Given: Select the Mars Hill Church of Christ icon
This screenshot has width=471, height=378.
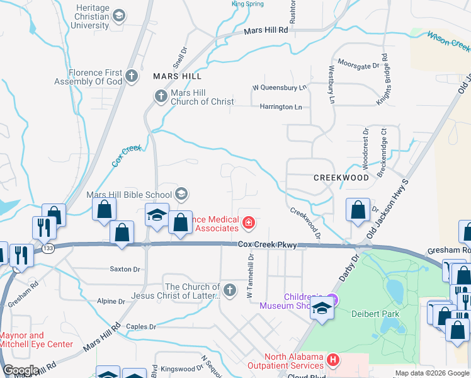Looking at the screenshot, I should click(159, 96).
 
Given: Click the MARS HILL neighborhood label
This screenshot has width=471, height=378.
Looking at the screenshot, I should click(177, 76).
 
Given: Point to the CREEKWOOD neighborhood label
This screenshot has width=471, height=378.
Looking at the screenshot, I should click(341, 178).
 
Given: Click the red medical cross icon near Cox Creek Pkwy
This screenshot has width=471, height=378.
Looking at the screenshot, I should click(249, 222).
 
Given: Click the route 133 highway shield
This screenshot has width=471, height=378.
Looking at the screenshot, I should click(48, 249).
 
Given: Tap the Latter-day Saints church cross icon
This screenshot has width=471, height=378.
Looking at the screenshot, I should click(230, 290).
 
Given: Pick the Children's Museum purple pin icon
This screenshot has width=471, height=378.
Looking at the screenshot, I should click(334, 301).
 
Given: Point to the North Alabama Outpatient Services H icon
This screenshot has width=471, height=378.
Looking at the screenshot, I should click(333, 361).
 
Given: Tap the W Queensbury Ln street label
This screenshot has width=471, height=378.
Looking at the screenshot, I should click(279, 88).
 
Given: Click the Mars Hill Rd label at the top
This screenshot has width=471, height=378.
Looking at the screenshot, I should click(266, 30).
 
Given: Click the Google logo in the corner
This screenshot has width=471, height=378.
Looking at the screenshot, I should click(21, 370).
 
